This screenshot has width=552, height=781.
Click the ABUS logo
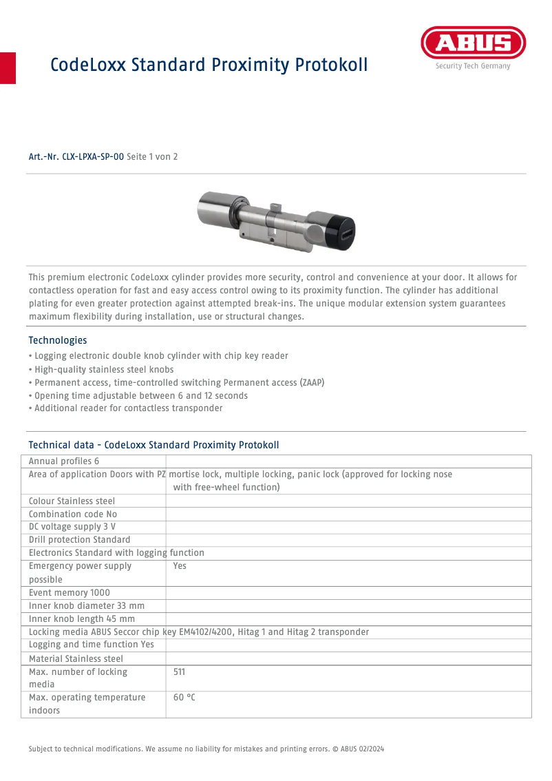[473, 43]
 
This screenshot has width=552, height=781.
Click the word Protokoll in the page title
[331, 65]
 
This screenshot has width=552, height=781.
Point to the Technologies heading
[58, 340]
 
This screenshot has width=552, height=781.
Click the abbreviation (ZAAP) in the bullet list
[312, 382]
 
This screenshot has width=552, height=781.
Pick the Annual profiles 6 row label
[64, 461]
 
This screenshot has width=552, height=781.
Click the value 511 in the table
[179, 671]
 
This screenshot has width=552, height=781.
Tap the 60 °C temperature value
[184, 697]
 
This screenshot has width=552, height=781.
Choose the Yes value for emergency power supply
[180, 566]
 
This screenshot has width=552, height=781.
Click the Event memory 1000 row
[70, 592]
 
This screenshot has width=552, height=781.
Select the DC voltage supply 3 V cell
[72, 527]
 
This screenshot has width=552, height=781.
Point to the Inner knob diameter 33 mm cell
[87, 605]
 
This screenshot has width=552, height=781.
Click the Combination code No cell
[73, 514]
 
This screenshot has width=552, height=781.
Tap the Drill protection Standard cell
[80, 540]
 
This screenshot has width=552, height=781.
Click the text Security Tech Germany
[472, 67]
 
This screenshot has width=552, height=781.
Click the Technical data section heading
[153, 445]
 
